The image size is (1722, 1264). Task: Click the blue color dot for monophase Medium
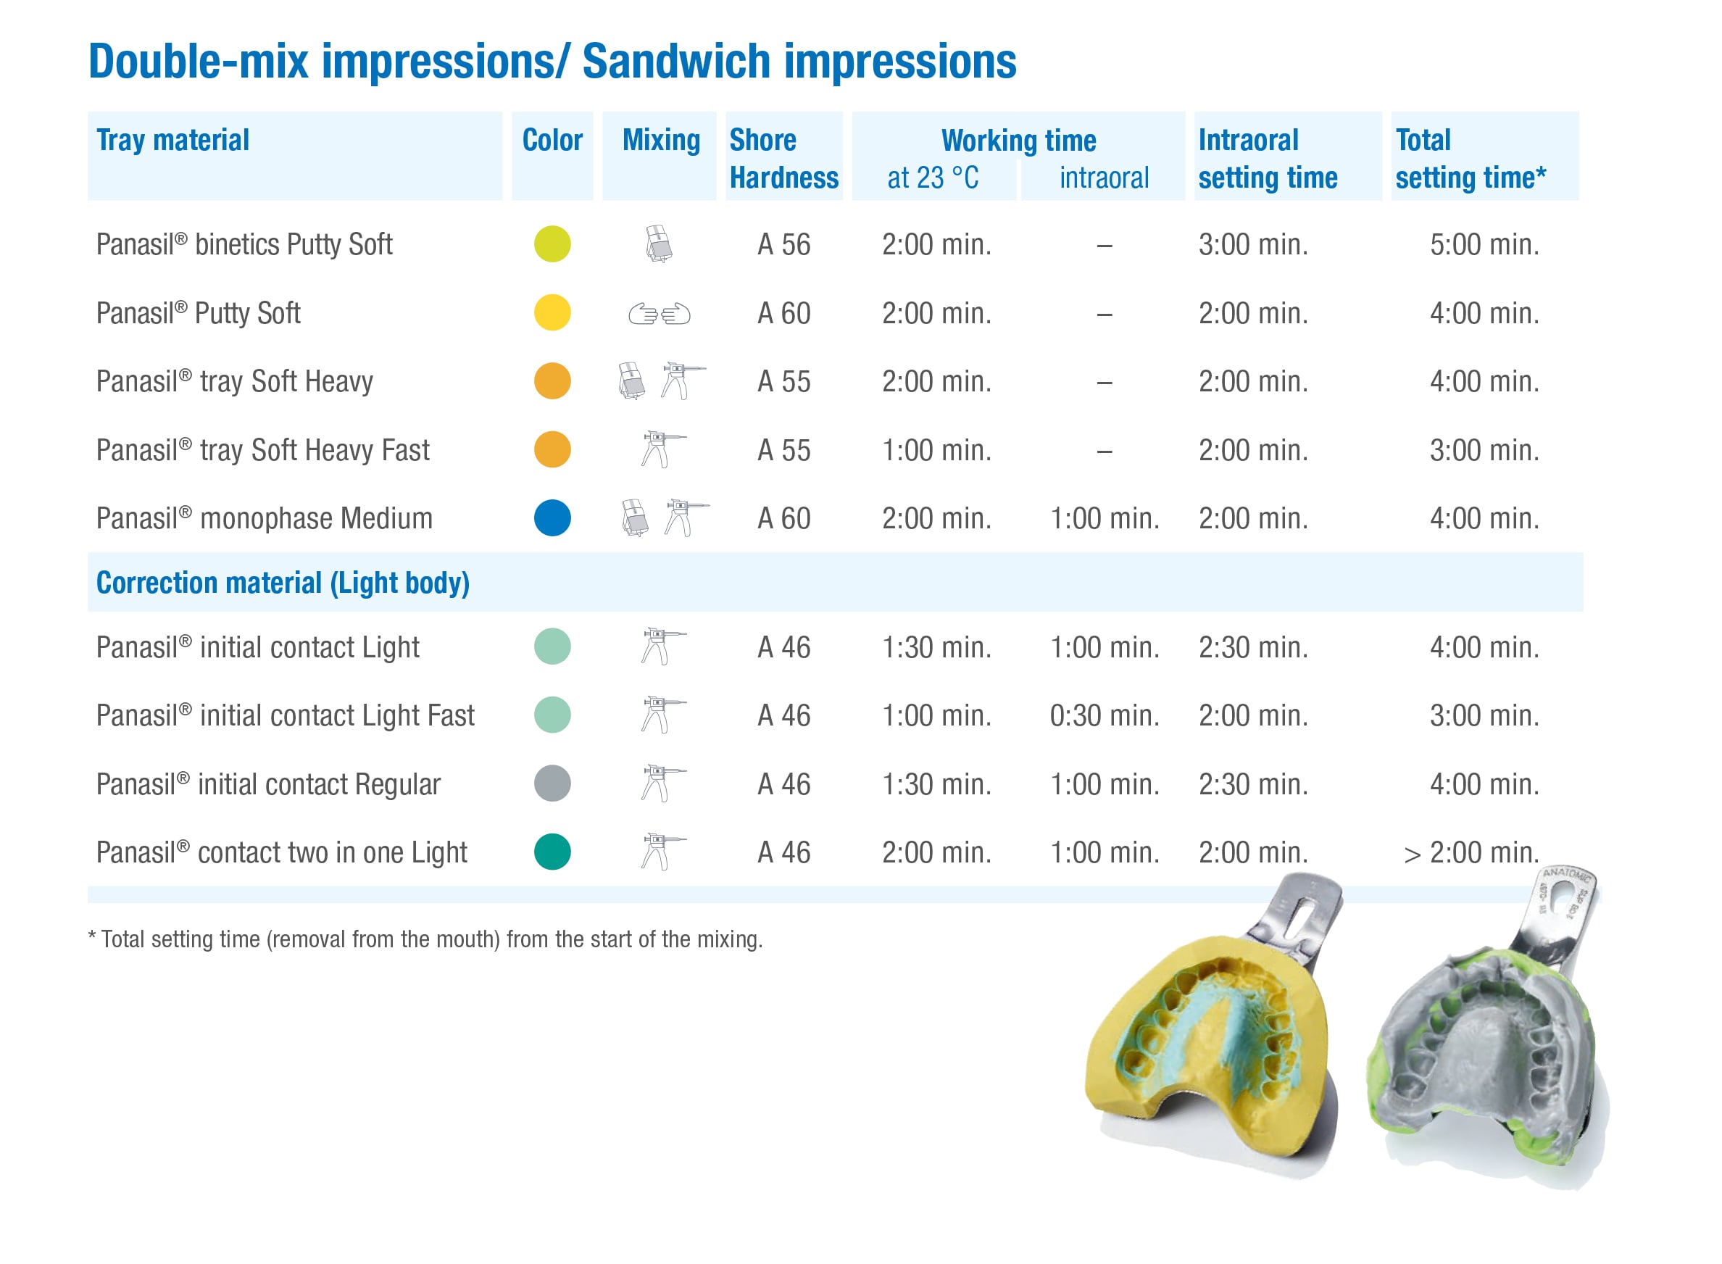[x=552, y=518]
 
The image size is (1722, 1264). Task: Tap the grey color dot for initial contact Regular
[x=552, y=783]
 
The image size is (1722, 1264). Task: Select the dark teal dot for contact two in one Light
[x=552, y=852]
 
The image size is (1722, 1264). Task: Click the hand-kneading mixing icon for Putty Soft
[x=660, y=314]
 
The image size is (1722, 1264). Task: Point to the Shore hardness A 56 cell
[x=784, y=245]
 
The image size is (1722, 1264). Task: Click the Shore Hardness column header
[x=784, y=159]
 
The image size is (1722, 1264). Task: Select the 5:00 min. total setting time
[x=1485, y=245]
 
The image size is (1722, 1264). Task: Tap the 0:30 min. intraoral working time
[x=1105, y=715]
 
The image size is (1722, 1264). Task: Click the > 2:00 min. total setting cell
[x=1472, y=852]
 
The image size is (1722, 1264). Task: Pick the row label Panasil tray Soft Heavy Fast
[x=262, y=450]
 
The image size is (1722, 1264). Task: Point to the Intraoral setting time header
[x=1268, y=159]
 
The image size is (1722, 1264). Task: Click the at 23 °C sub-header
[x=933, y=178]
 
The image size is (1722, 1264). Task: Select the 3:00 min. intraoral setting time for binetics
[x=1253, y=245]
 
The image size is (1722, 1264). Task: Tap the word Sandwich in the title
[x=676, y=61]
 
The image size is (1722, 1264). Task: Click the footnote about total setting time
[x=425, y=939]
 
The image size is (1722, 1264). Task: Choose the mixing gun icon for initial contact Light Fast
[x=662, y=715]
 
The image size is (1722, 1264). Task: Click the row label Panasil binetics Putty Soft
[x=244, y=245]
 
